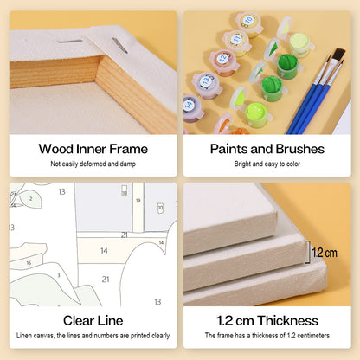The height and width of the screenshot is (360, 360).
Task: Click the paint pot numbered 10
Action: (248, 23)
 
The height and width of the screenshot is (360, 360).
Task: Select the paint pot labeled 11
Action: (236, 42)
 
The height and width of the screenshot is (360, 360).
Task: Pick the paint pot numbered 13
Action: (207, 85)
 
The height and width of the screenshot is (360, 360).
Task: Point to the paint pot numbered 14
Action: (193, 108)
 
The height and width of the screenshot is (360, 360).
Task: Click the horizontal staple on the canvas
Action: (69, 42)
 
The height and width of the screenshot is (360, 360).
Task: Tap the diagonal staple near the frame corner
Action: (120, 45)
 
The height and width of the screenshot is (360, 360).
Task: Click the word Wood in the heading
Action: (56, 149)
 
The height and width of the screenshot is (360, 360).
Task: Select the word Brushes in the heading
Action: (300, 149)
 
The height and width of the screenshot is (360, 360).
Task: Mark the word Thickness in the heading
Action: (288, 320)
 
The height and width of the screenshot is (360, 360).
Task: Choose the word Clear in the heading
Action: (79, 320)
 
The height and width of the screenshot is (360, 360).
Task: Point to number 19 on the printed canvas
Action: (138, 201)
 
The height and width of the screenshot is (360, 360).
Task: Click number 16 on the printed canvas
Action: (29, 263)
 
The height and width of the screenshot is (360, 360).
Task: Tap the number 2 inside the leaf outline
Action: (30, 199)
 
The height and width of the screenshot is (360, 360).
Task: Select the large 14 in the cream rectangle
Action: (104, 251)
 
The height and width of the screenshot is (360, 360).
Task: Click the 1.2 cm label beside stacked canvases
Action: (325, 253)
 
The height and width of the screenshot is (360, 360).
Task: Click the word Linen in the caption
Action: (23, 336)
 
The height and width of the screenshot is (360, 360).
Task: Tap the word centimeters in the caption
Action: (313, 336)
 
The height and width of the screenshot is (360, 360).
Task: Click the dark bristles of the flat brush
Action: (339, 55)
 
